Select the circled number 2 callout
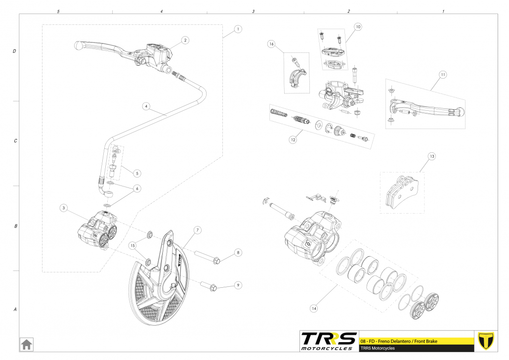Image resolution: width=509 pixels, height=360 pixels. [185, 40]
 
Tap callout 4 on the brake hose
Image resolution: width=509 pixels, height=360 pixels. [146, 106]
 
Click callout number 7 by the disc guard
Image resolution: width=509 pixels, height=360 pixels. [197, 230]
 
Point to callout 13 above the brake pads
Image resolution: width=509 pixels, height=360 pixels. [431, 157]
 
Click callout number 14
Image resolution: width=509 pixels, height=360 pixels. [313, 308]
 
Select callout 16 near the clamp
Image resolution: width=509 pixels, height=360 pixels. [271, 44]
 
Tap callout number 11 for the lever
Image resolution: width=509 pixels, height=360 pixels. [443, 75]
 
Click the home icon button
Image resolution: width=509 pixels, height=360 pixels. [26, 343]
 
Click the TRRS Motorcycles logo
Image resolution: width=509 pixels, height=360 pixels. [329, 341]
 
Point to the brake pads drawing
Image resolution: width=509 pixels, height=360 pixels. [402, 192]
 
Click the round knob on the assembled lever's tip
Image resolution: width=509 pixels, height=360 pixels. [78, 45]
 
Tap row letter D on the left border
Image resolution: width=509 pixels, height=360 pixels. [15, 51]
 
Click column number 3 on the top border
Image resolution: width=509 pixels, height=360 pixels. [253, 11]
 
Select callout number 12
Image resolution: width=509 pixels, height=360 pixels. [293, 140]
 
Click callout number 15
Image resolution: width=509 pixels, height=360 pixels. [132, 245]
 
